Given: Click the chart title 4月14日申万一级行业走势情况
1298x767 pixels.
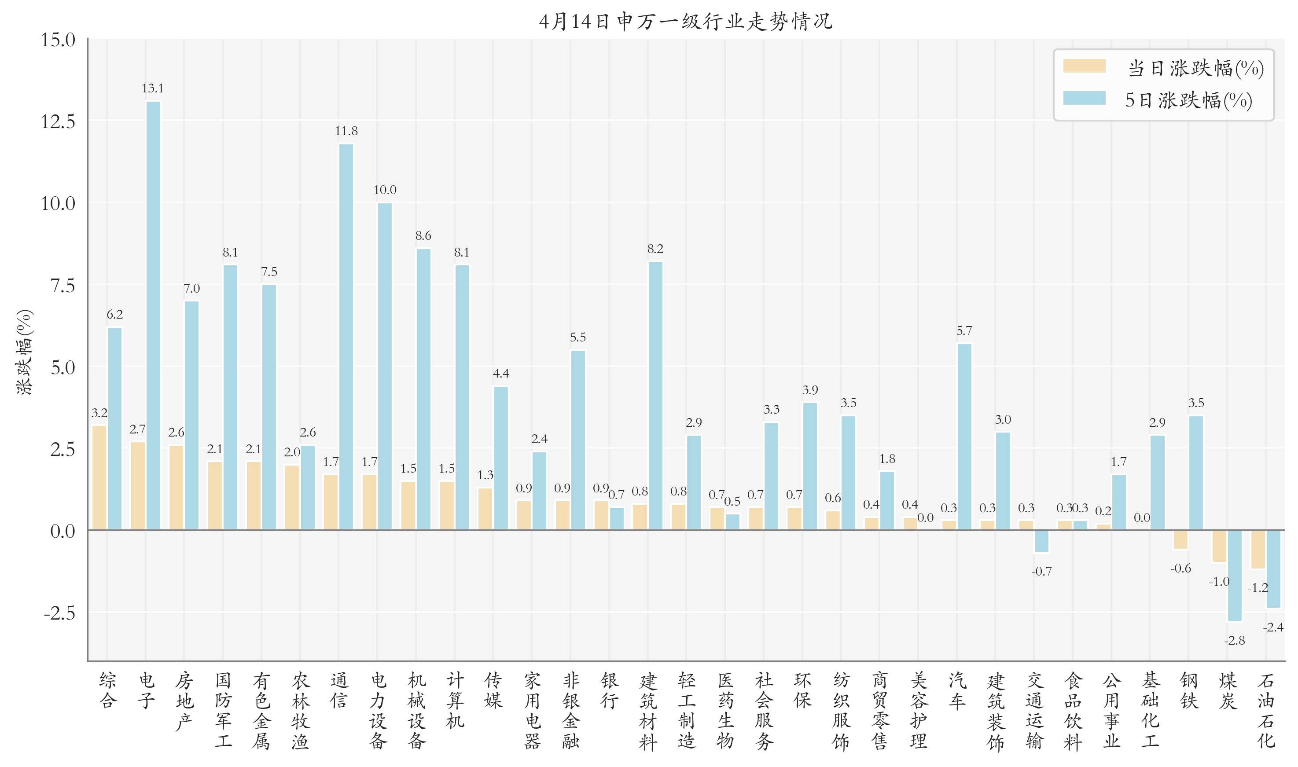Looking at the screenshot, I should (685, 22).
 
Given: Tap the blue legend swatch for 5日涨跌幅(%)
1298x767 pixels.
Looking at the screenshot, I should (1084, 98).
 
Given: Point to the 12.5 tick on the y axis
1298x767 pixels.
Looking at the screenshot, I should (58, 122).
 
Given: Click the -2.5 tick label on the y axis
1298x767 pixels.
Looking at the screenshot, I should (59, 613).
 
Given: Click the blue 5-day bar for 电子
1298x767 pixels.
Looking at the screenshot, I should (154, 315).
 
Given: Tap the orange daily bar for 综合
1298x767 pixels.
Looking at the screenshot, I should (99, 477).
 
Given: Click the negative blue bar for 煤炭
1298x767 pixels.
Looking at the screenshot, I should (1235, 575).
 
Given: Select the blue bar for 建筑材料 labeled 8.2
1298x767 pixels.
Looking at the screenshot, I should (655, 396).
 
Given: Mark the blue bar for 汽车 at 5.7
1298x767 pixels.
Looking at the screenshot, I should (964, 437).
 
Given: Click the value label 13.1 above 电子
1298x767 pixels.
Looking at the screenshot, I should (152, 88).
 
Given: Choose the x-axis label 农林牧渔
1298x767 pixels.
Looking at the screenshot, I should (300, 710).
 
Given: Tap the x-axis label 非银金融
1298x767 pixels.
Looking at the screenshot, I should (571, 710).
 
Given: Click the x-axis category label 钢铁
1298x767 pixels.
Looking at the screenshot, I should (1189, 690).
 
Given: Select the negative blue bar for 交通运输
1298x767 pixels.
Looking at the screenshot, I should (1041, 541).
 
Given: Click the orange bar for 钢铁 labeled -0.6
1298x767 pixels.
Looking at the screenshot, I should (1180, 539).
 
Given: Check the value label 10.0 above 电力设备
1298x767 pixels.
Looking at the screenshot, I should (385, 190).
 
